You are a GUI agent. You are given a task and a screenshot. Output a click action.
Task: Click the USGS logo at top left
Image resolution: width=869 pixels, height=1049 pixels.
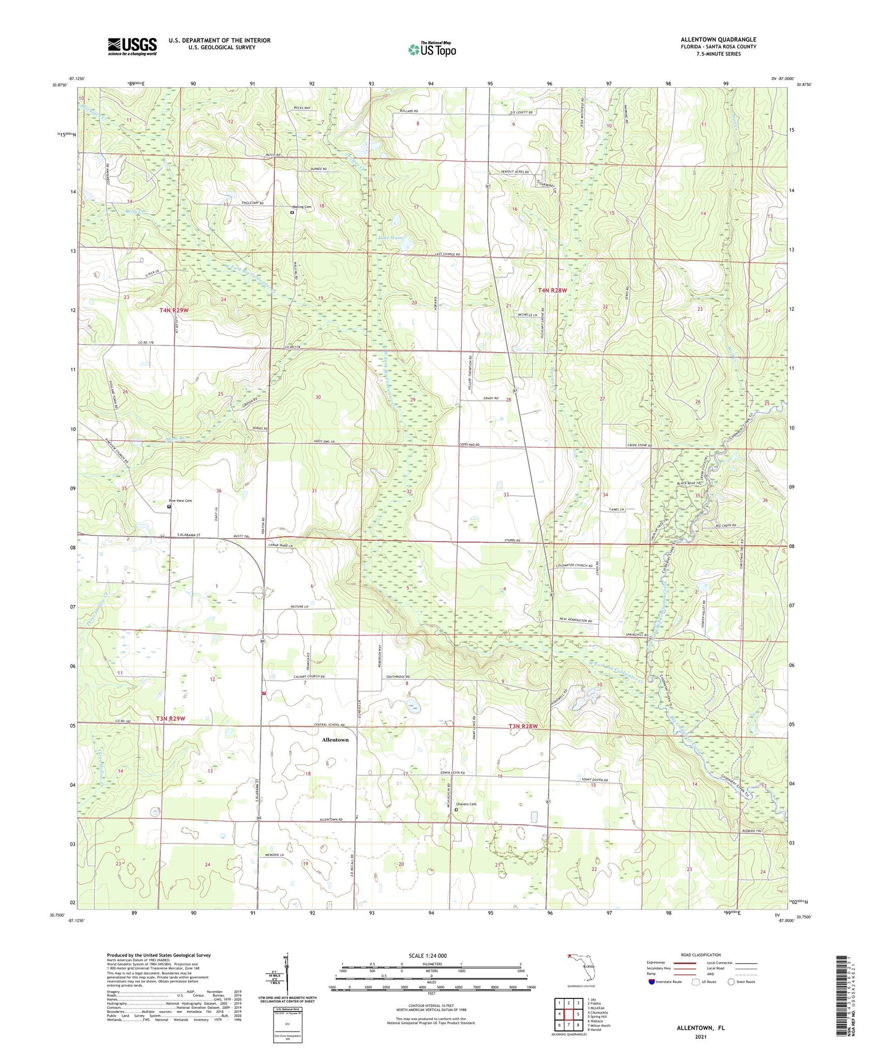(132, 46)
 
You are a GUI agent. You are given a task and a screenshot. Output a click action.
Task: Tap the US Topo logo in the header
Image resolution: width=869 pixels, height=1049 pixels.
(432, 49)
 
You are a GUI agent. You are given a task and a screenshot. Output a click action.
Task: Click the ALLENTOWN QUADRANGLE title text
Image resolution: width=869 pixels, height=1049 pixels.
(718, 40)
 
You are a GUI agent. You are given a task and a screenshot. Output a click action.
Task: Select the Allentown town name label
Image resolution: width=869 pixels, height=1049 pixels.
(335, 740)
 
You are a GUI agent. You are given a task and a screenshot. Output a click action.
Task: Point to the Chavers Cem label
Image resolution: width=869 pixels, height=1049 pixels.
(466, 804)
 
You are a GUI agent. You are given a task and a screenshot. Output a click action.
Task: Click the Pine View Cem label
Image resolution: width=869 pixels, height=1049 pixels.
(180, 500)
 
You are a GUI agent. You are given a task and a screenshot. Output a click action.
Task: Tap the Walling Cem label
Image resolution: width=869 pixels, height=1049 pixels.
(302, 207)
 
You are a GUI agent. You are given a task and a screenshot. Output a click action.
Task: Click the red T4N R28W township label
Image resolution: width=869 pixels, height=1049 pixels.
(552, 290)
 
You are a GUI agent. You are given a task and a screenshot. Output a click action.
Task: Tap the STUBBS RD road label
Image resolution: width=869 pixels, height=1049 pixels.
(509, 541)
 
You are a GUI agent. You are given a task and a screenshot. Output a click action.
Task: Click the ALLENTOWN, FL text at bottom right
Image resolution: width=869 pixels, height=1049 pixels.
(701, 1028)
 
